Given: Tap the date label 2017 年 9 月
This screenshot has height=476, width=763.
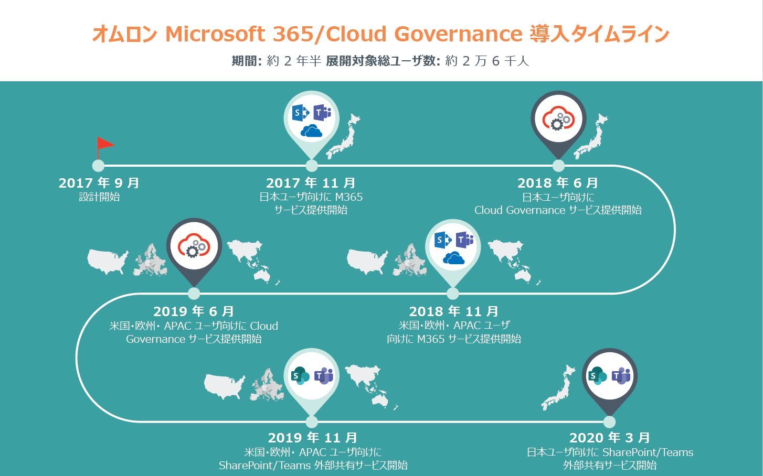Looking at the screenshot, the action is [99, 183].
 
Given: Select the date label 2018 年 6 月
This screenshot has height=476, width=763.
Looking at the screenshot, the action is [558, 183].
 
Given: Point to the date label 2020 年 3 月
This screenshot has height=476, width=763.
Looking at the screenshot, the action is [610, 438].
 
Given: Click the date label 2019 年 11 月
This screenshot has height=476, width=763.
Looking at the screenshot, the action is [313, 438].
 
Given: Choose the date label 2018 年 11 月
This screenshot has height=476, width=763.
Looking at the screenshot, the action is [454, 311].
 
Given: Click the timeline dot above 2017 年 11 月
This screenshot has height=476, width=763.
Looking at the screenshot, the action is [312, 166].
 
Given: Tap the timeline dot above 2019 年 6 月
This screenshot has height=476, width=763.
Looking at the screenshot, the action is [194, 293].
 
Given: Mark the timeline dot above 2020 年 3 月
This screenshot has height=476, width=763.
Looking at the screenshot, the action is [609, 422].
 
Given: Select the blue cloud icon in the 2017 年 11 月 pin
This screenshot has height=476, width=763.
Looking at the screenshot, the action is [311, 131].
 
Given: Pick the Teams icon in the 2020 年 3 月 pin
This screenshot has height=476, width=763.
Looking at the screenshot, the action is [621, 376].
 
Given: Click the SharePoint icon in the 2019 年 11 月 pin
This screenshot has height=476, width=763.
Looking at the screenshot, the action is [300, 376].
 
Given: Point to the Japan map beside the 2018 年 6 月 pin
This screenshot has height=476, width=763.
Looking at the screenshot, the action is [591, 137].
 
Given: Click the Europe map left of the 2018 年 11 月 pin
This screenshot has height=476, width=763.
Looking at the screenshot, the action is [409, 260].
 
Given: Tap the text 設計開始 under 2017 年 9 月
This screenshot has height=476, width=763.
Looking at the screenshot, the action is [99, 197].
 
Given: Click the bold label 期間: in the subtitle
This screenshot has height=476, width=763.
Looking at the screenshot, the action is [247, 61].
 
